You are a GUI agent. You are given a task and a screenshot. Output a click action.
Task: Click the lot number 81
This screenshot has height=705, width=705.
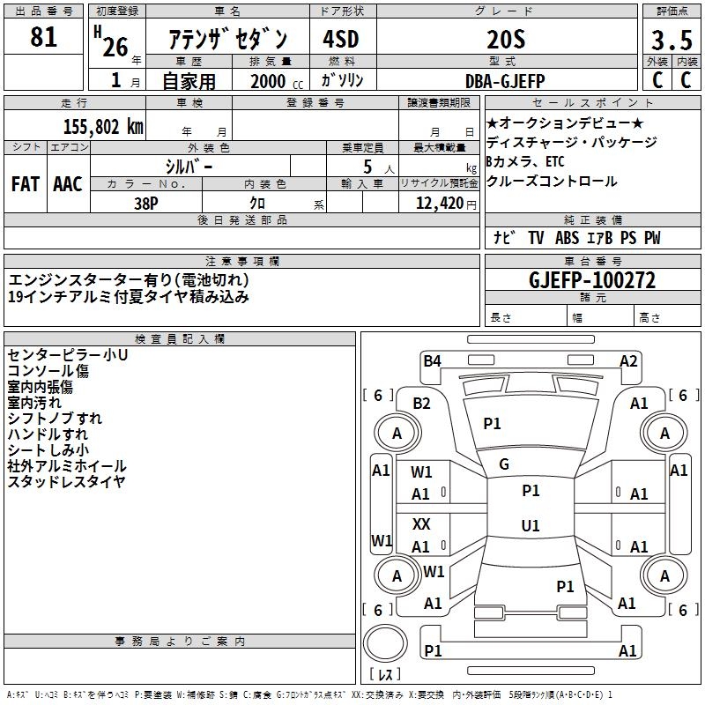click(x=43, y=38)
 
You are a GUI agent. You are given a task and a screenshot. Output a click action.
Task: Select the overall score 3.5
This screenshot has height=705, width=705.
click(x=672, y=41)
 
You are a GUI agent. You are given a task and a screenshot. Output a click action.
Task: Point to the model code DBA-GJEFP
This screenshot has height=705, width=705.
click(x=505, y=80)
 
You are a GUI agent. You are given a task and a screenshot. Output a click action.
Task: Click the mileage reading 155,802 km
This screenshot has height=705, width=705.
click(x=103, y=126)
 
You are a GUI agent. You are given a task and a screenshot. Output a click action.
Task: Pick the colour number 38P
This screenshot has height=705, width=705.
click(x=146, y=203)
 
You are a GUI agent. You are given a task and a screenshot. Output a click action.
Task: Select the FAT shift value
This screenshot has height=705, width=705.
click(x=25, y=184)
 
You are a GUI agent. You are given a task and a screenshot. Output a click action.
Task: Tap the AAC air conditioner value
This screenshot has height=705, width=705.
click(x=67, y=184)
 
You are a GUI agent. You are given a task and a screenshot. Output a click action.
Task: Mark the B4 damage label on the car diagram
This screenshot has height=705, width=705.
click(x=432, y=360)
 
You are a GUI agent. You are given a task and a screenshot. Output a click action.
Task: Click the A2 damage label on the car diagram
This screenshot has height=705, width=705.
click(x=628, y=360)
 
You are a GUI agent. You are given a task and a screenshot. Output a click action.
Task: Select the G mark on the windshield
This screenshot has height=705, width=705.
click(x=504, y=464)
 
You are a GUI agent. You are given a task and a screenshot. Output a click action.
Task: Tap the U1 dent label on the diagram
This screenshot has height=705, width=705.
click(x=531, y=526)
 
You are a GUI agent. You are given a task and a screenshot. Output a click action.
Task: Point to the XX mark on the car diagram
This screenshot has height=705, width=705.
click(x=421, y=523)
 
